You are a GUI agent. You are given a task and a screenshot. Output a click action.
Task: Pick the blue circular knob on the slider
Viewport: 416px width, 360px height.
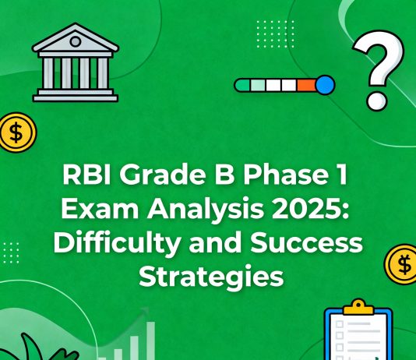click(324, 85)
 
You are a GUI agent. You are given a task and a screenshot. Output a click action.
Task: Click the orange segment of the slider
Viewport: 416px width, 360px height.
click(305, 85)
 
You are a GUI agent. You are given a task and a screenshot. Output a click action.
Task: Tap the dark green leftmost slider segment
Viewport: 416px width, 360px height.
click(245, 85)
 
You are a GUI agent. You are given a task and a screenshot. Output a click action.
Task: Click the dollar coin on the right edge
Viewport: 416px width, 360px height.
click(402, 263)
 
